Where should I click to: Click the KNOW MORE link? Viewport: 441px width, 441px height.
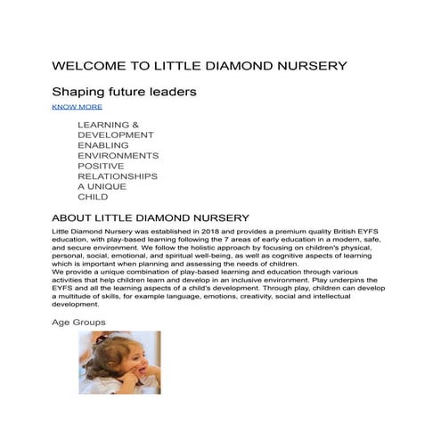77,107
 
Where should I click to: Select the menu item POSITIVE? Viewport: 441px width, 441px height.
101,166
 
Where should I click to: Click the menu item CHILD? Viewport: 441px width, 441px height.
93,197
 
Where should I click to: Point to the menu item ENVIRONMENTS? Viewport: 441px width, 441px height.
118,155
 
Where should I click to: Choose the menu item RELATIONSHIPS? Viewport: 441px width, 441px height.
118,176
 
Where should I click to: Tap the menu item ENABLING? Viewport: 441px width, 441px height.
103,145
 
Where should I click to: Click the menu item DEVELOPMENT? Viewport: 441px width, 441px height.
116,135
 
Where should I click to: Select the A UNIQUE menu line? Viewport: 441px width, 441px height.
102,186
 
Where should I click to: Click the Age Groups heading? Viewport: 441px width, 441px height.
78,322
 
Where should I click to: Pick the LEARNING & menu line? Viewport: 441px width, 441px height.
109,125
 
